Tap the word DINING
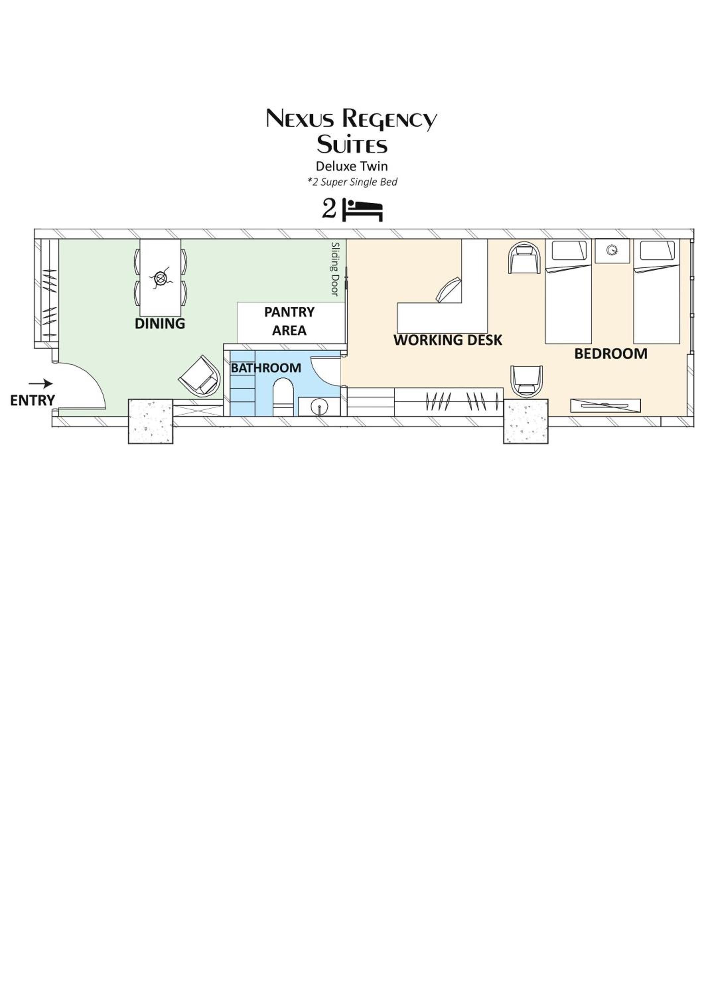(x=160, y=324)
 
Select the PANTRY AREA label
(x=289, y=321)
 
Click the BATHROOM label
(x=266, y=368)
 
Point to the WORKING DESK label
(x=448, y=340)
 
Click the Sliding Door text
(x=335, y=269)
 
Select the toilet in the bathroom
(x=283, y=397)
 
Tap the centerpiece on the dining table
(x=161, y=279)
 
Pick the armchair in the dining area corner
(x=199, y=376)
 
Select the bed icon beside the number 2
(x=363, y=210)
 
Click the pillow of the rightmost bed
(x=657, y=250)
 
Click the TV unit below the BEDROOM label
(x=605, y=405)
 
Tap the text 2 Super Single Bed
(x=352, y=182)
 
